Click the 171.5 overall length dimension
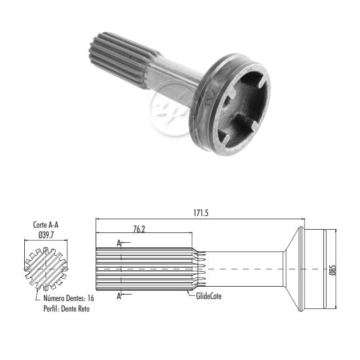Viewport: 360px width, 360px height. click(x=201, y=213)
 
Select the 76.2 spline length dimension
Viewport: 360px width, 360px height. click(x=139, y=229)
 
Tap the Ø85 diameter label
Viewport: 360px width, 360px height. click(x=333, y=270)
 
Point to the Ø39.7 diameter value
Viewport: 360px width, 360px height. click(x=46, y=235)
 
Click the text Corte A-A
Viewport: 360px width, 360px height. click(x=46, y=225)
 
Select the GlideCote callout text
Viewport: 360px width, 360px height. click(x=209, y=296)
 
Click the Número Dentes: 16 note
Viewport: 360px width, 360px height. click(x=69, y=298)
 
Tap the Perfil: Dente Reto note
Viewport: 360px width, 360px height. click(x=66, y=308)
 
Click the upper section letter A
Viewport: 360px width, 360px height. click(x=118, y=243)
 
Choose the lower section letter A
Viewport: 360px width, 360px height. click(x=118, y=296)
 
